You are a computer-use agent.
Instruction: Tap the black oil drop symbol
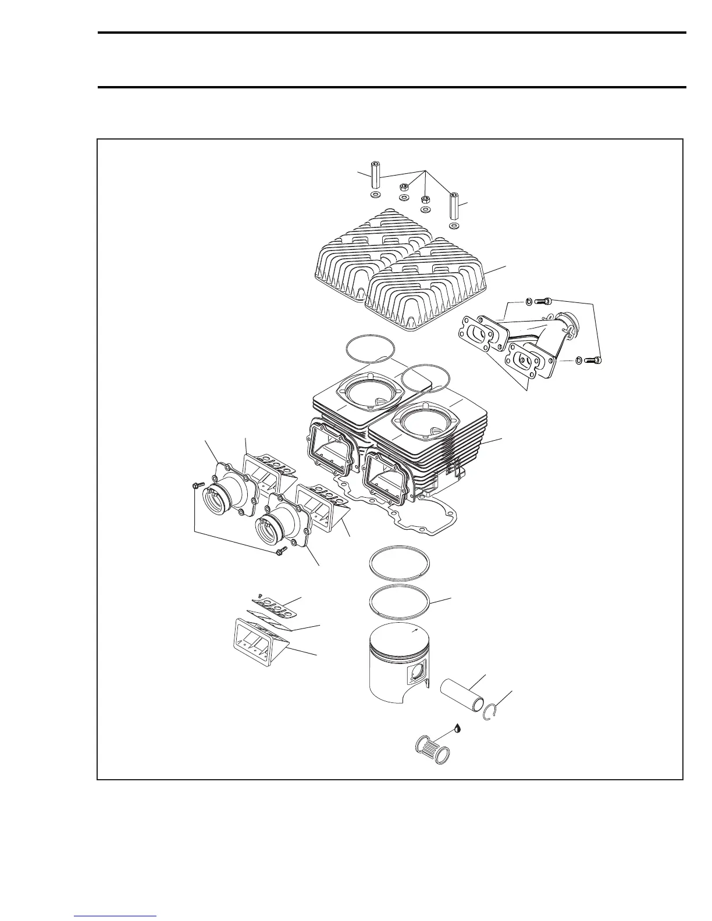tap(459, 727)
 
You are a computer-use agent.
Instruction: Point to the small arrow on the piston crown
tap(414, 630)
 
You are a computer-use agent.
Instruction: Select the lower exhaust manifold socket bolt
tap(593, 360)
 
